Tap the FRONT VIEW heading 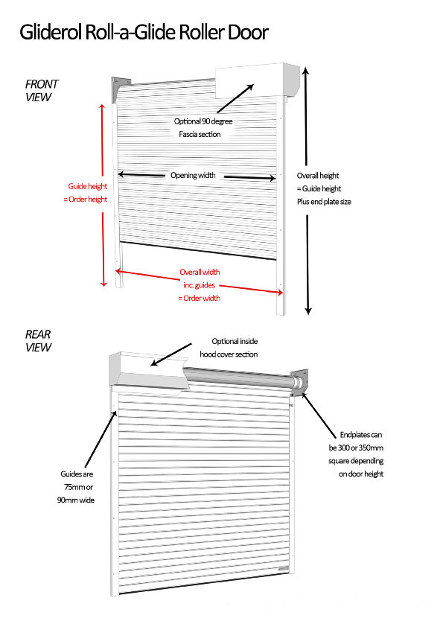pyautogui.click(x=41, y=90)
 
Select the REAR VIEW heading pyautogui.click(x=38, y=341)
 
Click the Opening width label pyautogui.click(x=193, y=175)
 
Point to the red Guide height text pyautogui.click(x=88, y=186)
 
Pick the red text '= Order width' pyautogui.click(x=199, y=298)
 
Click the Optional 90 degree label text pyautogui.click(x=203, y=121)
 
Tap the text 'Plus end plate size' pyautogui.click(x=324, y=202)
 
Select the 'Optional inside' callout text pyautogui.click(x=235, y=341)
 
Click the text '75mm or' pyautogui.click(x=78, y=487)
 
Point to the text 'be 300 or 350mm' pyautogui.click(x=356, y=448)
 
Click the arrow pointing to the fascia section pyautogui.click(x=235, y=98)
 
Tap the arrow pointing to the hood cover pyautogui.click(x=171, y=354)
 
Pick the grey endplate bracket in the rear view pyautogui.click(x=299, y=382)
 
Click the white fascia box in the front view pyautogui.click(x=258, y=80)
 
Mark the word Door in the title pyautogui.click(x=248, y=32)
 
